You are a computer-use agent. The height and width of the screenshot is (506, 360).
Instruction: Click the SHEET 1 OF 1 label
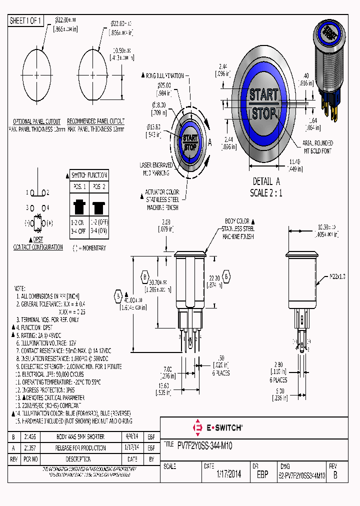(x=26, y=20)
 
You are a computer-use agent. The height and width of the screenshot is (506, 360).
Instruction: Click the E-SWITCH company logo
(x=218, y=427)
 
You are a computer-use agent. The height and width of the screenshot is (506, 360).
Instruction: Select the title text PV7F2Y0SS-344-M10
(x=204, y=445)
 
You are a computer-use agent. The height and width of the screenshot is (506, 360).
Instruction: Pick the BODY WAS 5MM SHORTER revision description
(x=80, y=436)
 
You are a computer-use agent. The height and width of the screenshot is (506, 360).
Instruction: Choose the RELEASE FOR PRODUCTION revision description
(x=80, y=447)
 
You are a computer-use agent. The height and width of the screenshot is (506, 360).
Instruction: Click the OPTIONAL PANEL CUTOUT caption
(x=36, y=121)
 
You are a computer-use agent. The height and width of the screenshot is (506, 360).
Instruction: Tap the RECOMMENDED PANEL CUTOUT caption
(x=95, y=121)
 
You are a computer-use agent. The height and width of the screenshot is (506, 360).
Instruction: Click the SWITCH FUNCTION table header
(x=89, y=175)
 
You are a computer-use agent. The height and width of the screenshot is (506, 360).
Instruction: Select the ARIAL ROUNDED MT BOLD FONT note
(x=316, y=147)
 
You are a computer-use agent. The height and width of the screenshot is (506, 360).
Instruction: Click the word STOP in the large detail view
(x=263, y=113)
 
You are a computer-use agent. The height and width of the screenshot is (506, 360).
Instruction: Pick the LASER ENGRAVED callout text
(x=156, y=164)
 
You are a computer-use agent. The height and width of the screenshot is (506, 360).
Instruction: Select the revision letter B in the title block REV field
(x=334, y=475)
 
